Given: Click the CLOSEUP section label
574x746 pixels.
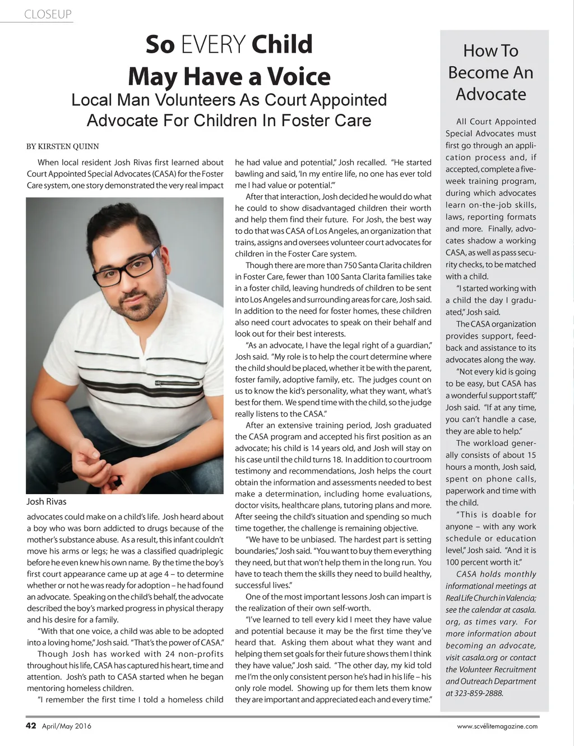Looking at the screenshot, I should [x=48, y=15].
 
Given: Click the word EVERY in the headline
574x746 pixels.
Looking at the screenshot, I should [x=214, y=45].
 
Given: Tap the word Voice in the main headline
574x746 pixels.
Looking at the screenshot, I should [x=299, y=77].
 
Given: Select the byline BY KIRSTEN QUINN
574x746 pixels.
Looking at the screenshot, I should [x=63, y=146].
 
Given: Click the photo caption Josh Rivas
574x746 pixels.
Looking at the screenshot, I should [x=47, y=501].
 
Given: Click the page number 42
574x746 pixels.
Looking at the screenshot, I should [x=31, y=726].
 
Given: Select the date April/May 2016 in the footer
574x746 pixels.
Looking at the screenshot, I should [x=67, y=726].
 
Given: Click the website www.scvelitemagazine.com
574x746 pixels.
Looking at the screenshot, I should [x=497, y=726].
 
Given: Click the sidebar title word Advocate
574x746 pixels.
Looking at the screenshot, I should [x=490, y=94].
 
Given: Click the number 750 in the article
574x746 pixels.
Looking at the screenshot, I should [x=348, y=265].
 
